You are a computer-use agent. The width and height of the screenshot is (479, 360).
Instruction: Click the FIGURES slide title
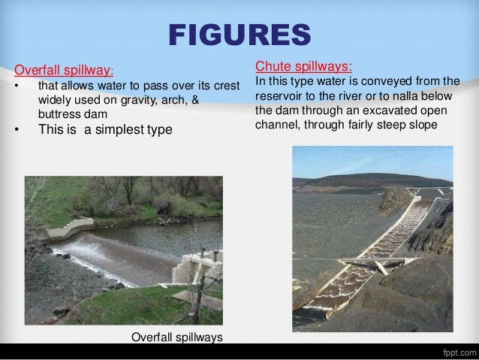coord(239,35)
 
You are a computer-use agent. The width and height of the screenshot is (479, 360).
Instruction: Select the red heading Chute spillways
coord(303,65)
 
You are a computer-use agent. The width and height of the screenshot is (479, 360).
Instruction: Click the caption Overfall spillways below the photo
coord(177,337)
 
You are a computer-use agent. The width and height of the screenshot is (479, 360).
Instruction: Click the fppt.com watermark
coord(455,351)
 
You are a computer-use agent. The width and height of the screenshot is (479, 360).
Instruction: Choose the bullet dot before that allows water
coord(17,89)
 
